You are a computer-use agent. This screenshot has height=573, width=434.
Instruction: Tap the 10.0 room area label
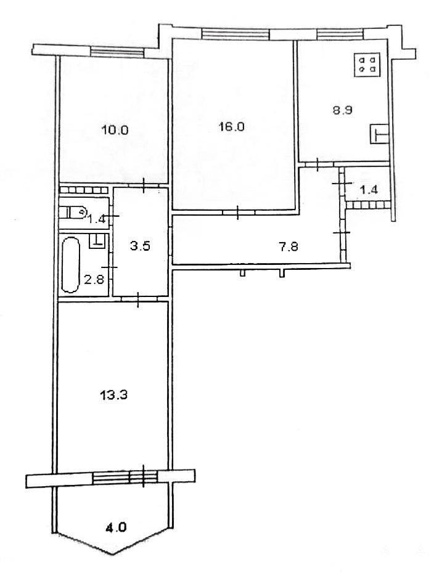115,130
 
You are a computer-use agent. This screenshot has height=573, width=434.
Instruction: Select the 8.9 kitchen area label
342,110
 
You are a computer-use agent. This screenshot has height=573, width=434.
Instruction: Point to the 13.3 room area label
113,395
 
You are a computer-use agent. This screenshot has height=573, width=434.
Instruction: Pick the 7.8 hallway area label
288,246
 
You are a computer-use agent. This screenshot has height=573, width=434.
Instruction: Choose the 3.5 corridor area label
140,246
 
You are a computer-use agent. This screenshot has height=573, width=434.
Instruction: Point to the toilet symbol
73,212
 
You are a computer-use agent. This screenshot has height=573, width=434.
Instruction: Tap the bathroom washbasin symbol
97,240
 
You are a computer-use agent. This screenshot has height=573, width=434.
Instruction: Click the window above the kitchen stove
340,35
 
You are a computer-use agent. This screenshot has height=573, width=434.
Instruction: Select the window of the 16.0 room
235,34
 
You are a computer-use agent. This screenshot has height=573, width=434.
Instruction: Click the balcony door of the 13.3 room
143,476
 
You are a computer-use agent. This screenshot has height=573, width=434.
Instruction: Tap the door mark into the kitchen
317,164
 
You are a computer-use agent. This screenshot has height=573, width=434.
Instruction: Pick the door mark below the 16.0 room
238,213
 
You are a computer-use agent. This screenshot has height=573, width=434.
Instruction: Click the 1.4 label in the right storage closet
369,190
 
